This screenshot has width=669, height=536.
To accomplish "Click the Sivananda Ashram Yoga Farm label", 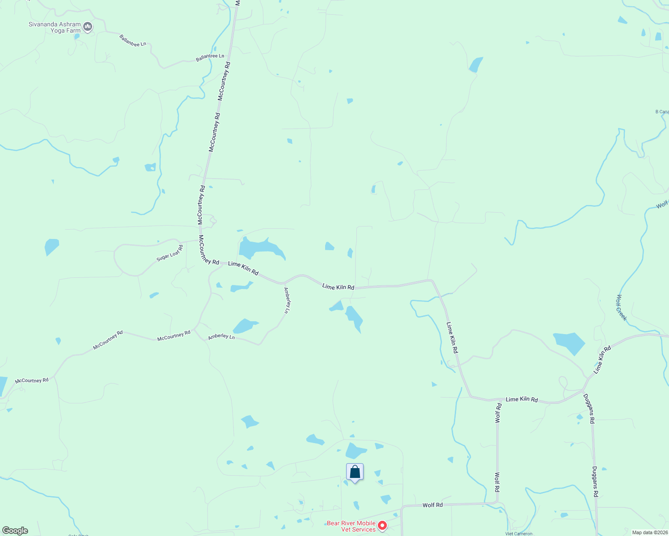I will coord(55,28).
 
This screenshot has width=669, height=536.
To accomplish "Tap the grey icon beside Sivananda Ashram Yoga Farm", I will coord(88,27).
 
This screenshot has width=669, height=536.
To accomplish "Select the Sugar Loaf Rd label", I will coord(170,253).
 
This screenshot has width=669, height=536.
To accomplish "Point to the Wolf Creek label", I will coord(622,307).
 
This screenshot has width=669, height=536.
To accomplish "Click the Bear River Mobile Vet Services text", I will coord(351,526).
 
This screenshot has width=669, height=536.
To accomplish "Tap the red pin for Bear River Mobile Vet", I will coord(382,526).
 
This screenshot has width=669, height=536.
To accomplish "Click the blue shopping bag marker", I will coord(355,472).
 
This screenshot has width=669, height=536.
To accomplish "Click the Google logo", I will coord(15,531).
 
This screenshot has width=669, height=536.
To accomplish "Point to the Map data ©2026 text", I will coord(650,532).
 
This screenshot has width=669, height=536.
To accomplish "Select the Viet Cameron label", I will coord(519,534).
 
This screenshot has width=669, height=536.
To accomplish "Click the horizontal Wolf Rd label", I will coord(432,505).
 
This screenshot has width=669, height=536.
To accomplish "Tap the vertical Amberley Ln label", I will coord(287,300).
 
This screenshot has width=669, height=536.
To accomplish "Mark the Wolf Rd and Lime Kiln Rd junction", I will coord(497,399).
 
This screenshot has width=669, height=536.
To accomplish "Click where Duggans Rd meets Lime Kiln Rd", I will coord(583,389).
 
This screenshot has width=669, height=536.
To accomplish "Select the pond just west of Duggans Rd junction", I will coord(569,342).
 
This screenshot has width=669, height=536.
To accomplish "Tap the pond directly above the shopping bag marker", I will coord(356,450).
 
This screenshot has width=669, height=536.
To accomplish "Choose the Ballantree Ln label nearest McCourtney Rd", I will coord(210,57).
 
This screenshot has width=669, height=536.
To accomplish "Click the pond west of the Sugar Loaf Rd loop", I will coord(51,247).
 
